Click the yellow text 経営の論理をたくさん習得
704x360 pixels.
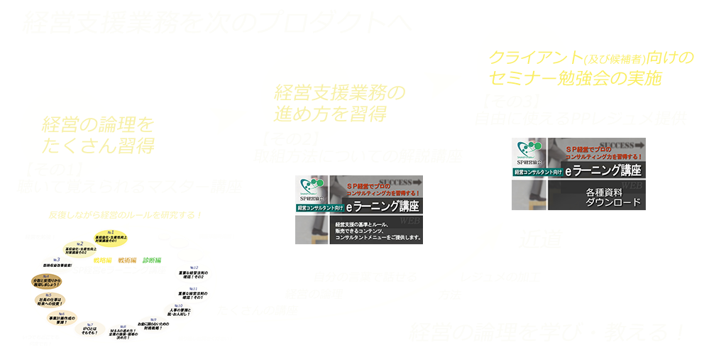[98, 135]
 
